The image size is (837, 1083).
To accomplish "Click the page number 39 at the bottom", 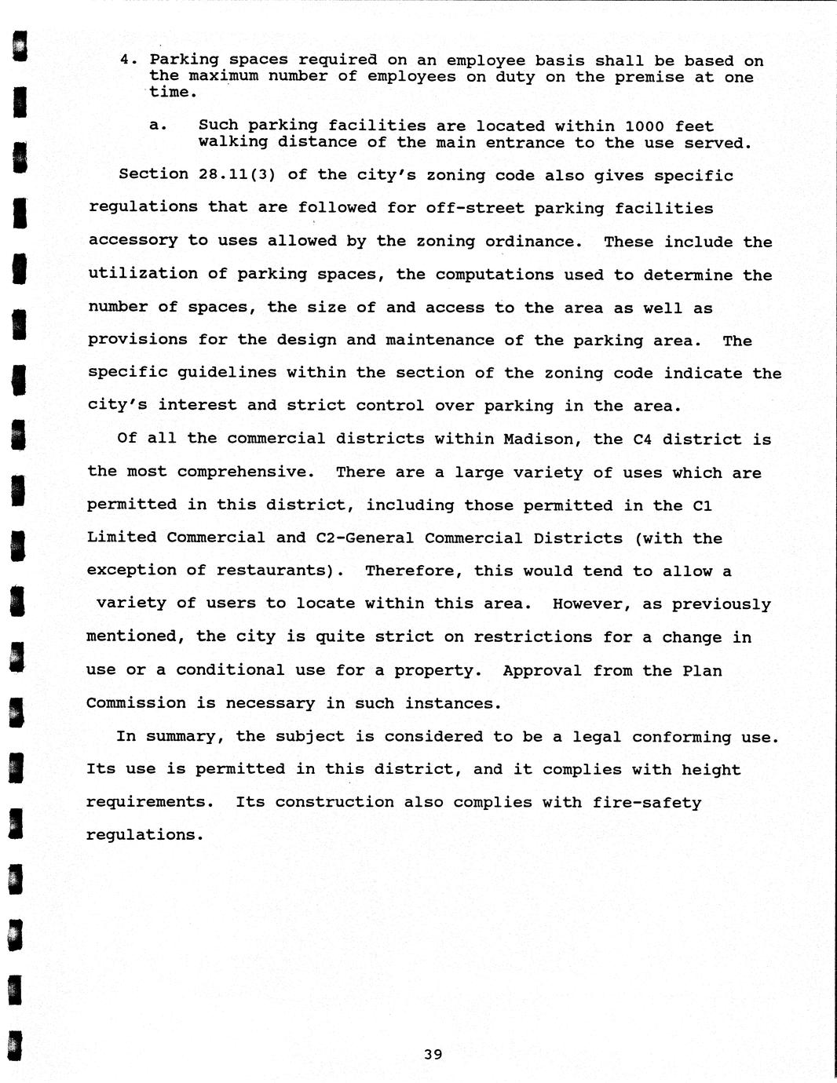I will click(433, 1055).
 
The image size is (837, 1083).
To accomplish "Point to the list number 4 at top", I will click(126, 60).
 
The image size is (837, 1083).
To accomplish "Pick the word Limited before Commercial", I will click(122, 538).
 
